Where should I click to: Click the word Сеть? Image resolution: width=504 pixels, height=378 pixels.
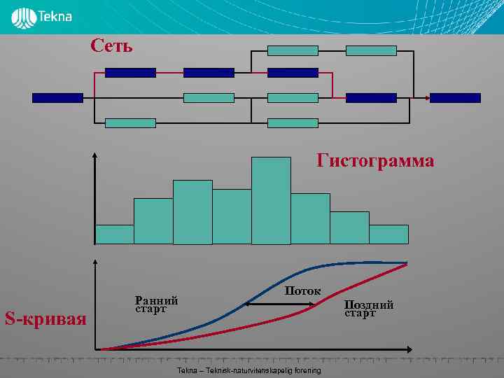[111, 46]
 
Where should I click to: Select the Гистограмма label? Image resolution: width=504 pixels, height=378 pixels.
[375, 162]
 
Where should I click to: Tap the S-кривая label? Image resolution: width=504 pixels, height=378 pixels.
[45, 320]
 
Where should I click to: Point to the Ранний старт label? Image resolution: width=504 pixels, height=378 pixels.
[156, 304]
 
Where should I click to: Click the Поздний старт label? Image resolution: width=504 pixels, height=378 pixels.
[370, 309]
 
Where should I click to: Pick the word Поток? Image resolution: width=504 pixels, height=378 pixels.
[303, 290]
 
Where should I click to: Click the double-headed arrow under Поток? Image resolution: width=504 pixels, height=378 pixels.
[279, 304]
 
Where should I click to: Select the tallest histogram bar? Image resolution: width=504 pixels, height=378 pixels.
[271, 200]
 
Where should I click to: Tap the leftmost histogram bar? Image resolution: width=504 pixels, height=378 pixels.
[114, 234]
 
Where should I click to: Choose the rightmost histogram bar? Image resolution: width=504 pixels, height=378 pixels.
[388, 234]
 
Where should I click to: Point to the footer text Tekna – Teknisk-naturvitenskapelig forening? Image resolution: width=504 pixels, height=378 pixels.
[249, 370]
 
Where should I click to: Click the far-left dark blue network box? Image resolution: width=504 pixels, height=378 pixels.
[57, 98]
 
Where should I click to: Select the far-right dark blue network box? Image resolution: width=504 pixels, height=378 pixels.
[455, 98]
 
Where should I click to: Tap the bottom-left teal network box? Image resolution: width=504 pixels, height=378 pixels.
[130, 123]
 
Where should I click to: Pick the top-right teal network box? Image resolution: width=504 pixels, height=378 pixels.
[371, 50]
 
